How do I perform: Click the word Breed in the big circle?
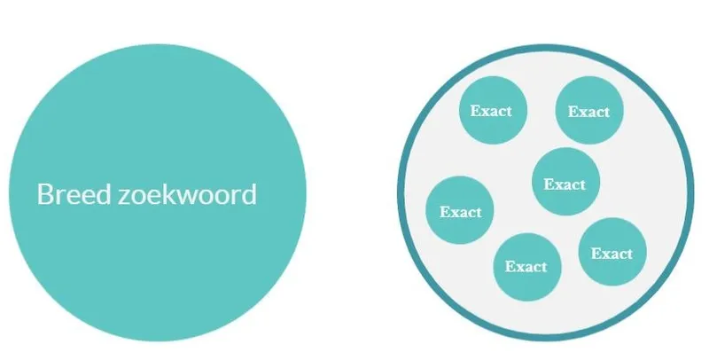pyautogui.click(x=74, y=194)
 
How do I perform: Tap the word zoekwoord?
pyautogui.click(x=187, y=194)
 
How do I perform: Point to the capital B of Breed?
pyautogui.click(x=44, y=194)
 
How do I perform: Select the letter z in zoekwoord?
pyautogui.click(x=124, y=197)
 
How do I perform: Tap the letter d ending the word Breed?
pyautogui.click(x=104, y=194)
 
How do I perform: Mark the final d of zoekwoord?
pyautogui.click(x=250, y=194)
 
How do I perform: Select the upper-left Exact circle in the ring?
pyautogui.click(x=493, y=110)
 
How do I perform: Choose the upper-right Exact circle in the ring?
pyautogui.click(x=589, y=110)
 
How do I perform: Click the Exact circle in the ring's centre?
pyautogui.click(x=565, y=182)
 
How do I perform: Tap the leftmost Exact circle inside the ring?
pyautogui.click(x=460, y=210)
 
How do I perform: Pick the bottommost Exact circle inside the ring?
pyautogui.click(x=527, y=267)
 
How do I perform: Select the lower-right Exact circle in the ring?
pyautogui.click(x=612, y=252)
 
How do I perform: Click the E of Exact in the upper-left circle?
pyautogui.click(x=475, y=111)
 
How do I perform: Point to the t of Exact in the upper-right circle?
pyautogui.click(x=606, y=112)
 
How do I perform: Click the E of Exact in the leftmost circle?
pyautogui.click(x=445, y=212)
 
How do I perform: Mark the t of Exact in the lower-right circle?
pyautogui.click(x=629, y=254)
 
